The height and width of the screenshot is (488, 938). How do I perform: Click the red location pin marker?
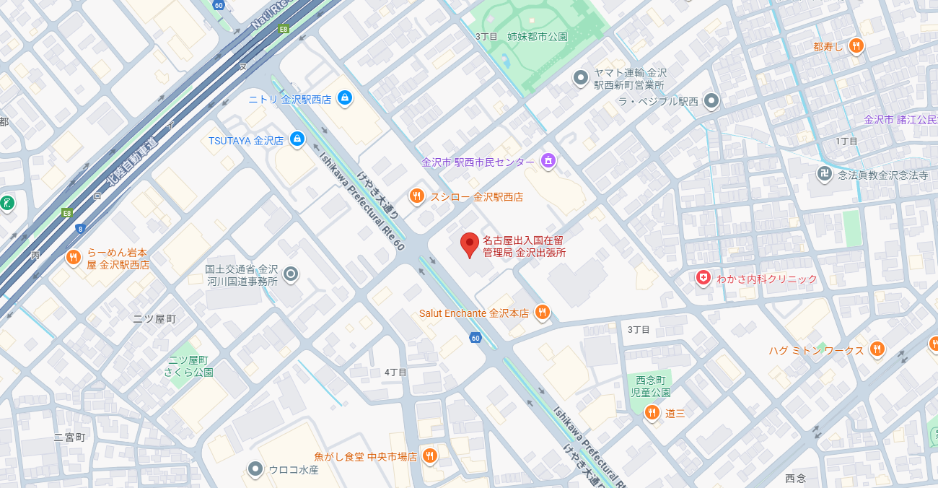click(x=470, y=245)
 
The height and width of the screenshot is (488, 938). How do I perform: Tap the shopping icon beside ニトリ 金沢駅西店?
click(x=345, y=97)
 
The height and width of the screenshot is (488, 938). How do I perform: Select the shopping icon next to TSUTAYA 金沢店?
click(x=297, y=139)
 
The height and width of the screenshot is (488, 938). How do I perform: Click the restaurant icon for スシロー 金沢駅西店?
click(x=416, y=196)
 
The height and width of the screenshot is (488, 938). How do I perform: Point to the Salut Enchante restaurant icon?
click(x=543, y=313)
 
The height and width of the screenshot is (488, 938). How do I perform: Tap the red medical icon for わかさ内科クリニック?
click(x=703, y=278)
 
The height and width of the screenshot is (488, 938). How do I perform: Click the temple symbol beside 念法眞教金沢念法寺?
click(x=824, y=173)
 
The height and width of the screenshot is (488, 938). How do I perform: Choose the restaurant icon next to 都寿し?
click(x=856, y=45)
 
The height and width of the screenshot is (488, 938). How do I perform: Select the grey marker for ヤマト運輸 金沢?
click(x=580, y=77)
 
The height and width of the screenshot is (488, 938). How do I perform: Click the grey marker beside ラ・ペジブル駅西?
click(x=712, y=100)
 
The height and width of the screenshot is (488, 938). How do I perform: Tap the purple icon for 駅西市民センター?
click(x=548, y=160)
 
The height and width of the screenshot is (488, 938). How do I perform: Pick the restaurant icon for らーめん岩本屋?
click(x=73, y=257)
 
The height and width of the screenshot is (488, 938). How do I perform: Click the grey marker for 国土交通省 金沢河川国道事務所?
click(x=291, y=274)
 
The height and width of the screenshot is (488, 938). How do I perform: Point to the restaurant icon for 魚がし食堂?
click(x=429, y=456)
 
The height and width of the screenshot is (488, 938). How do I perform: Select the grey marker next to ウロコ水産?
click(x=255, y=469)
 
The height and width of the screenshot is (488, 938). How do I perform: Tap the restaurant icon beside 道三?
click(x=652, y=412)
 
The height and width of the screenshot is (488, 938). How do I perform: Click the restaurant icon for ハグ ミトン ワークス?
click(x=877, y=349)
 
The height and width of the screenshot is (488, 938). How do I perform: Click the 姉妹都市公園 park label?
click(x=537, y=36)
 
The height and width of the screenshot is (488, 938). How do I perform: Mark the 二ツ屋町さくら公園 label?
click(x=188, y=365)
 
